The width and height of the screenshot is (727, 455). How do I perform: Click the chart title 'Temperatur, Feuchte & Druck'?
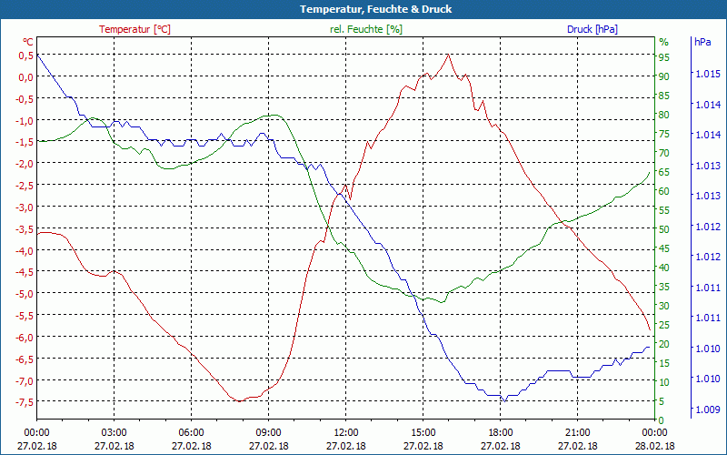tap(363, 9)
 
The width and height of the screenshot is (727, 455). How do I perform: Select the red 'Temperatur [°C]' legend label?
tap(134, 29)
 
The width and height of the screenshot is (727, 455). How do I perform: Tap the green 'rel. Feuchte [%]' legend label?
tap(366, 29)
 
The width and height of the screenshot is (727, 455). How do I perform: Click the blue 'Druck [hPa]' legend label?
tap(592, 29)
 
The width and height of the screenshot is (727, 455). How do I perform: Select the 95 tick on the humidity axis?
tap(664, 57)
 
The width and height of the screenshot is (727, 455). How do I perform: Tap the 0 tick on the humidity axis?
tap(662, 420)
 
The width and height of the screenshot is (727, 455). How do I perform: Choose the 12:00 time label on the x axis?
tap(345, 432)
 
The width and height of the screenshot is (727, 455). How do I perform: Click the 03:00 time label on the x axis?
tap(114, 432)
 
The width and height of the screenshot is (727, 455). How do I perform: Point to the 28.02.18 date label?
tap(654, 446)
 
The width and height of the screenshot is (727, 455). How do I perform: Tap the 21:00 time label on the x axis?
tap(577, 432)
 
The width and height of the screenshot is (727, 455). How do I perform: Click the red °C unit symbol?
tap(28, 42)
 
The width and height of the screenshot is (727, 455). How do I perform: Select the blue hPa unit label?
tap(702, 42)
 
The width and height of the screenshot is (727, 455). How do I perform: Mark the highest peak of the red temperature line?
tap(448, 55)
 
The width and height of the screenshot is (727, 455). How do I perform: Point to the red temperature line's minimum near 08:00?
tap(238, 400)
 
